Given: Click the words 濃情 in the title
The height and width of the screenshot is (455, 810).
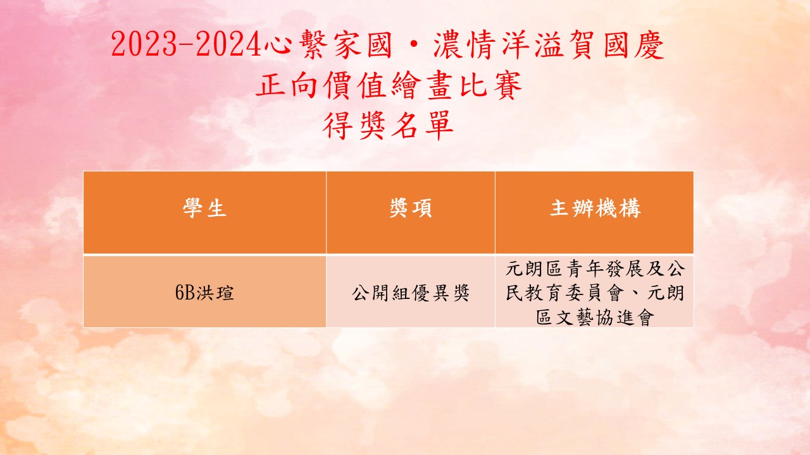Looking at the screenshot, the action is (x=464, y=44).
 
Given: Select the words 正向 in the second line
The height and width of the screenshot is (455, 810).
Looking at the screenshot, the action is (x=287, y=85).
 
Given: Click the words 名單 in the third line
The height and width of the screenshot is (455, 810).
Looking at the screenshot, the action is (x=422, y=125).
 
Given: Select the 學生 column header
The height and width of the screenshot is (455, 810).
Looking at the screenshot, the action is (x=204, y=208).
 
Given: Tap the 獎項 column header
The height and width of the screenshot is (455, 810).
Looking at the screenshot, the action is (x=411, y=208).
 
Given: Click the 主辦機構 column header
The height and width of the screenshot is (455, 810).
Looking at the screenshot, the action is (x=595, y=208).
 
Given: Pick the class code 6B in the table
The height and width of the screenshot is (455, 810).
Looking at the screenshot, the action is (x=185, y=293).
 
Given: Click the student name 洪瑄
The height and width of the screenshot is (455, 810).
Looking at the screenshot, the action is (x=215, y=293).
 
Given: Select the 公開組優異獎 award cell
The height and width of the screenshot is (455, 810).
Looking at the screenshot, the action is (x=411, y=293).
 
